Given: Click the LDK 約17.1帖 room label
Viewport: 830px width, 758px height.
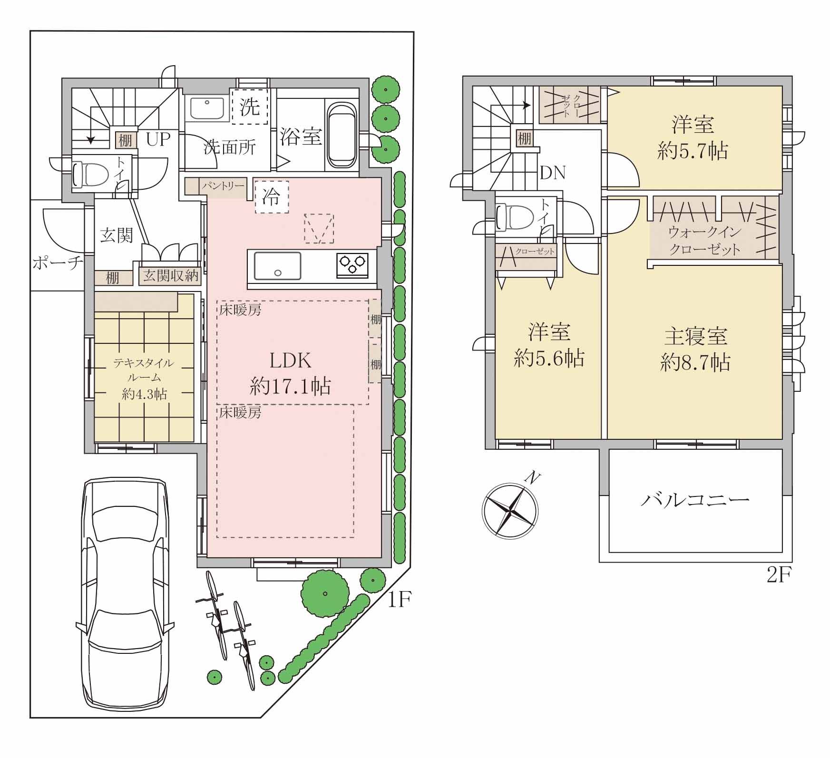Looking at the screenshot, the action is (x=291, y=374).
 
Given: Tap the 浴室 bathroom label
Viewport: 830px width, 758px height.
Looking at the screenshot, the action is (x=301, y=136).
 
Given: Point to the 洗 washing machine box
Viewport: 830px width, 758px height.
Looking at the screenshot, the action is (x=250, y=107).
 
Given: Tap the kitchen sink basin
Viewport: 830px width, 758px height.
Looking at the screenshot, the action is (x=278, y=265).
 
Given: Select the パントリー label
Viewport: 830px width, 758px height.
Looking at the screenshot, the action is (x=223, y=186).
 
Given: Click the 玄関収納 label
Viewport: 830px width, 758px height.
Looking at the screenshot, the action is (x=171, y=276).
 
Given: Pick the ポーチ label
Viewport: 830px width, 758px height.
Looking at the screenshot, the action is (x=58, y=263).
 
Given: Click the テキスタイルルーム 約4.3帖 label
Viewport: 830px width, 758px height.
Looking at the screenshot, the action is (x=144, y=379).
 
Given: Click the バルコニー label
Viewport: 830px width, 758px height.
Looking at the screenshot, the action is (x=695, y=500).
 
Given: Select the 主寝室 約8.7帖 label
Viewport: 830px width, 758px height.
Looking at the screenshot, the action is (x=695, y=350).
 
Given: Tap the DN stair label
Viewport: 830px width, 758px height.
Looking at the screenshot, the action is (x=553, y=173).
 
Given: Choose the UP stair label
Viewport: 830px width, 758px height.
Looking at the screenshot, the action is (x=158, y=139).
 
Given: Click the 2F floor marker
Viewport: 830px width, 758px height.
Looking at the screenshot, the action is (x=779, y=576).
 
